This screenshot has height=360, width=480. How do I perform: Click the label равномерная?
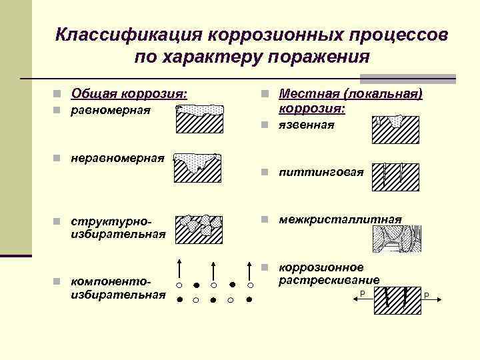coord(111,109)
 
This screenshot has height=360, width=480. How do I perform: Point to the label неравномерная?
coord(117,158)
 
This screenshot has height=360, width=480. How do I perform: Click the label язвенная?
coord(307,125)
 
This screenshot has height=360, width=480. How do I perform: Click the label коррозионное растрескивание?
coord(329,273)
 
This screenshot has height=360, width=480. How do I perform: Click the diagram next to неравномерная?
coord(198,167)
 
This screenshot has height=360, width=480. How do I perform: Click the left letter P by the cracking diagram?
coord(361,294)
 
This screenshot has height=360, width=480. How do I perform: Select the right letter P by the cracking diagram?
coord(426,295)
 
